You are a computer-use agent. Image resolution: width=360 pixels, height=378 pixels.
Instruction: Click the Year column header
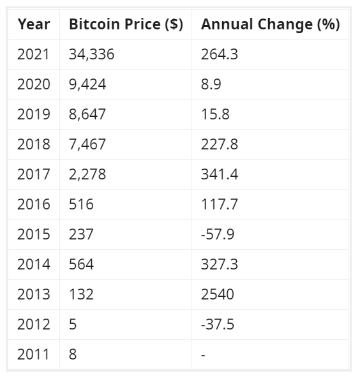click(34, 24)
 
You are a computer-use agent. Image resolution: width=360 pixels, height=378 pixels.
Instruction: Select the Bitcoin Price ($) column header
click(126, 24)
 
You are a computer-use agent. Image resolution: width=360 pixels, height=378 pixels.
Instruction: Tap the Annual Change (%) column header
click(271, 24)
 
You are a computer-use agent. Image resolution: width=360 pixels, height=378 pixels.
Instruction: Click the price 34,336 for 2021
click(91, 54)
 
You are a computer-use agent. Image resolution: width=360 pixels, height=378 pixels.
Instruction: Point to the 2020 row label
click(34, 84)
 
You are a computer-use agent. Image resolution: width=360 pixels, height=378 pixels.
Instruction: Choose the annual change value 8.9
click(211, 84)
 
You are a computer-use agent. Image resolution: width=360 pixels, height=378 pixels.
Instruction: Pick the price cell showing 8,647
click(87, 114)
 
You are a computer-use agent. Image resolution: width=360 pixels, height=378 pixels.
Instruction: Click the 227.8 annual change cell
click(220, 144)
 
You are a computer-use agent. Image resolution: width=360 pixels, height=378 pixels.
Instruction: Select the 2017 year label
click(34, 174)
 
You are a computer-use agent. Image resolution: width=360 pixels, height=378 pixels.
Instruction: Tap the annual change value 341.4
click(220, 174)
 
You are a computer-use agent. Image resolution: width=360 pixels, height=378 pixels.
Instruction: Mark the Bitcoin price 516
click(81, 204)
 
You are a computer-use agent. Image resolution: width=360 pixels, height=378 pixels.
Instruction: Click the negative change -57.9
click(218, 234)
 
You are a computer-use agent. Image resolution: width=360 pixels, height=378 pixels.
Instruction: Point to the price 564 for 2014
click(81, 264)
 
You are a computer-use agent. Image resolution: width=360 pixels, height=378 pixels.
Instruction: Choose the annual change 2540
click(218, 294)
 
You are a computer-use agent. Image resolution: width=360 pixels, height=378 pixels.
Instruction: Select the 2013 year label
click(34, 294)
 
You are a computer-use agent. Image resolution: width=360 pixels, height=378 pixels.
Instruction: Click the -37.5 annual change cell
click(218, 324)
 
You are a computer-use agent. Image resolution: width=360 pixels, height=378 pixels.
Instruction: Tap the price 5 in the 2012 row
click(73, 324)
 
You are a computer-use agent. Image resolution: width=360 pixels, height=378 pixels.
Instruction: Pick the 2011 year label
click(33, 354)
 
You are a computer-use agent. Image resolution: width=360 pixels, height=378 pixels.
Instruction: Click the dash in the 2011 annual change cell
click(203, 356)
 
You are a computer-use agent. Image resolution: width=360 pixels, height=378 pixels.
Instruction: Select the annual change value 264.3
click(220, 54)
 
